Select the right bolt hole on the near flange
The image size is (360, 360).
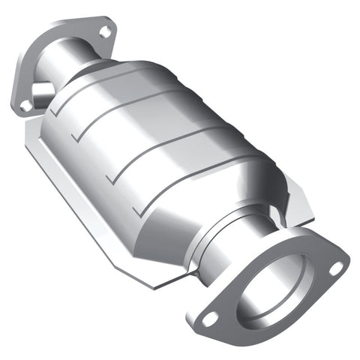coord(336,267)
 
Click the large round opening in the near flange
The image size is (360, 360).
coord(274,292)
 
